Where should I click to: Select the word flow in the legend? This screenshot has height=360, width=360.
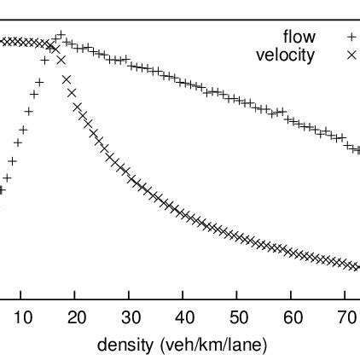[x=299, y=37]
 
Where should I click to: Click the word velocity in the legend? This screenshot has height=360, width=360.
[x=285, y=55]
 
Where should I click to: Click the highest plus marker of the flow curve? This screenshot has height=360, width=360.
[x=60, y=36]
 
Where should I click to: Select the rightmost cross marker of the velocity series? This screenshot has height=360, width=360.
[x=358, y=267]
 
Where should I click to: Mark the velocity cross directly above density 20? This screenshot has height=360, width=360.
[x=77, y=107]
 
